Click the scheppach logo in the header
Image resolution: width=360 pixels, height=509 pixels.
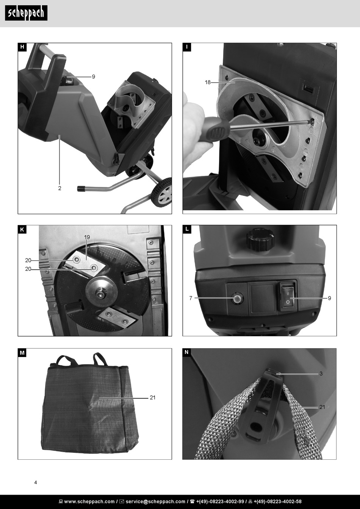coord(26,13)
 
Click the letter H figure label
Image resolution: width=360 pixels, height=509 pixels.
coord(22,47)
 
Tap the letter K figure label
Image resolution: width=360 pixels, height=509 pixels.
coord(22,230)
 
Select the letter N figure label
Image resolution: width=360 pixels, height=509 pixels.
coord(186,352)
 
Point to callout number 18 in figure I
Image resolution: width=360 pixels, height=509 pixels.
coord(208,82)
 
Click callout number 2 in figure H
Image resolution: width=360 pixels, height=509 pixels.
coord(59,188)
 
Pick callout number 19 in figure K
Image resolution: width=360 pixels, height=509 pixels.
coord(87,237)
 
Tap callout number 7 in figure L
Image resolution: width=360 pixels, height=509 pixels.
coord(191,298)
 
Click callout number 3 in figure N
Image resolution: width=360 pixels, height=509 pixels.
coord(321,374)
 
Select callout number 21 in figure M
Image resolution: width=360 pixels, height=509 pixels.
coord(152,398)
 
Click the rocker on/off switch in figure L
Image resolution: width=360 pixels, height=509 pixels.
coord(288,296)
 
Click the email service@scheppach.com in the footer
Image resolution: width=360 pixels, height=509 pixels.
coord(155,501)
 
